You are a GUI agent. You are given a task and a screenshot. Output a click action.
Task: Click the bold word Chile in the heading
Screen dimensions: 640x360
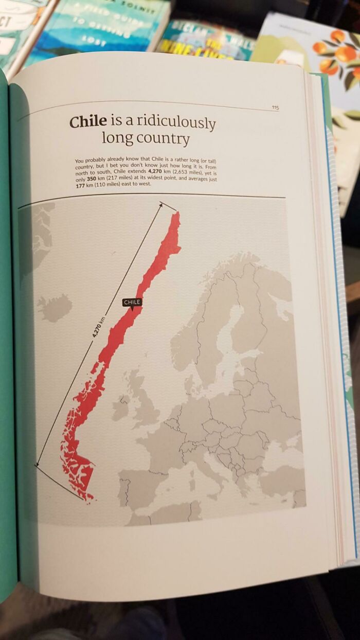(88, 121)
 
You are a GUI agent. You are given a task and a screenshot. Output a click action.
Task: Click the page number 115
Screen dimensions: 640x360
(275, 107)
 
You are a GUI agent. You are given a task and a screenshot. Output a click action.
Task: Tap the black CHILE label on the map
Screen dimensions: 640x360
(132, 302)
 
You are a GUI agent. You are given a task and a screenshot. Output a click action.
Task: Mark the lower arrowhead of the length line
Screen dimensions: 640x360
(38, 465)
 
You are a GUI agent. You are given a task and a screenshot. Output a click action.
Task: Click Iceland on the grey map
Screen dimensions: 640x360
(54, 307)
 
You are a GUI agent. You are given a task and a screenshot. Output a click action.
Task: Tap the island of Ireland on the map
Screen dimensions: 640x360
(121, 406)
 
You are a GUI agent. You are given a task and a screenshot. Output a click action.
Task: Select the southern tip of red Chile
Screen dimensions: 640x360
(91, 497)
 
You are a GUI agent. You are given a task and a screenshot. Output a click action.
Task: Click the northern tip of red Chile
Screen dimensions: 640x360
(176, 214)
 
